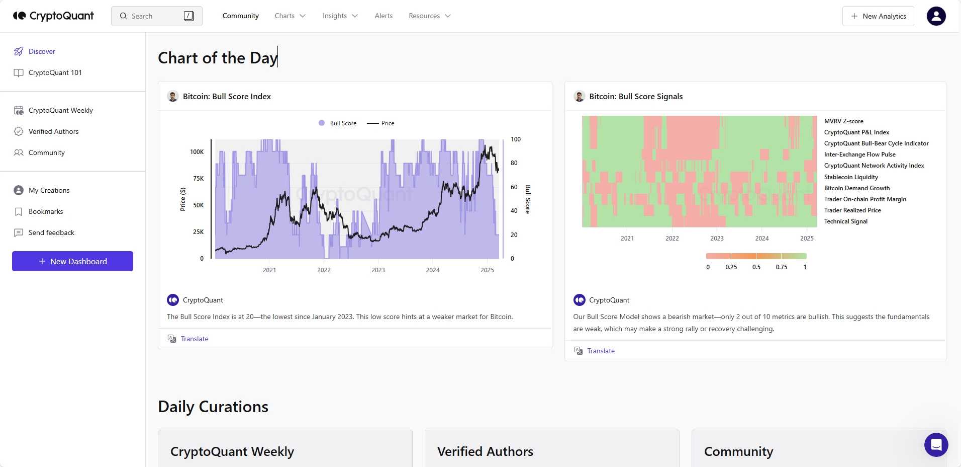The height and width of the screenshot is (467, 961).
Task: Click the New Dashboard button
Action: point(73,261)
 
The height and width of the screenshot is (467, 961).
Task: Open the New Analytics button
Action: point(878,16)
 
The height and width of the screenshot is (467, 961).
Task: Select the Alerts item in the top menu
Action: point(383,16)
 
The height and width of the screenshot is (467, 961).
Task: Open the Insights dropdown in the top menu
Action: point(340,16)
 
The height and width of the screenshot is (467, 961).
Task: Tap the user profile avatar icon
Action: point(936,16)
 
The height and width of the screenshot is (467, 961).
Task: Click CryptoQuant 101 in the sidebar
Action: point(55,72)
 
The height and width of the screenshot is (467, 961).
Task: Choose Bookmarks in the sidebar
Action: point(46,211)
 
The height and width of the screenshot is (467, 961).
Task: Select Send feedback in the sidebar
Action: point(51,232)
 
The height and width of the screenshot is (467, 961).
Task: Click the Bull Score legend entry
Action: point(338,123)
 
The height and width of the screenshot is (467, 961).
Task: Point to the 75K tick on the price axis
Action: point(199,179)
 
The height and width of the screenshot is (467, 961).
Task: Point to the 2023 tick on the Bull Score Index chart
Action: point(378,270)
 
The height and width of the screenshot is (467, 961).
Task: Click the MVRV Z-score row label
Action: point(843,121)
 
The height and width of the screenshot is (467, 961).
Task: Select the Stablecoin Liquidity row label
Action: point(851,177)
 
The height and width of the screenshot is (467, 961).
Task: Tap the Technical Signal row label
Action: point(845,221)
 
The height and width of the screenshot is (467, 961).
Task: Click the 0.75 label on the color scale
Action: point(781,267)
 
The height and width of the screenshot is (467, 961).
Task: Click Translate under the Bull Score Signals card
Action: point(601,351)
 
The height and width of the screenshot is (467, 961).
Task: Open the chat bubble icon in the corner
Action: point(936,445)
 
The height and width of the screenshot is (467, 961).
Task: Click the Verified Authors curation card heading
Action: point(485,451)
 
